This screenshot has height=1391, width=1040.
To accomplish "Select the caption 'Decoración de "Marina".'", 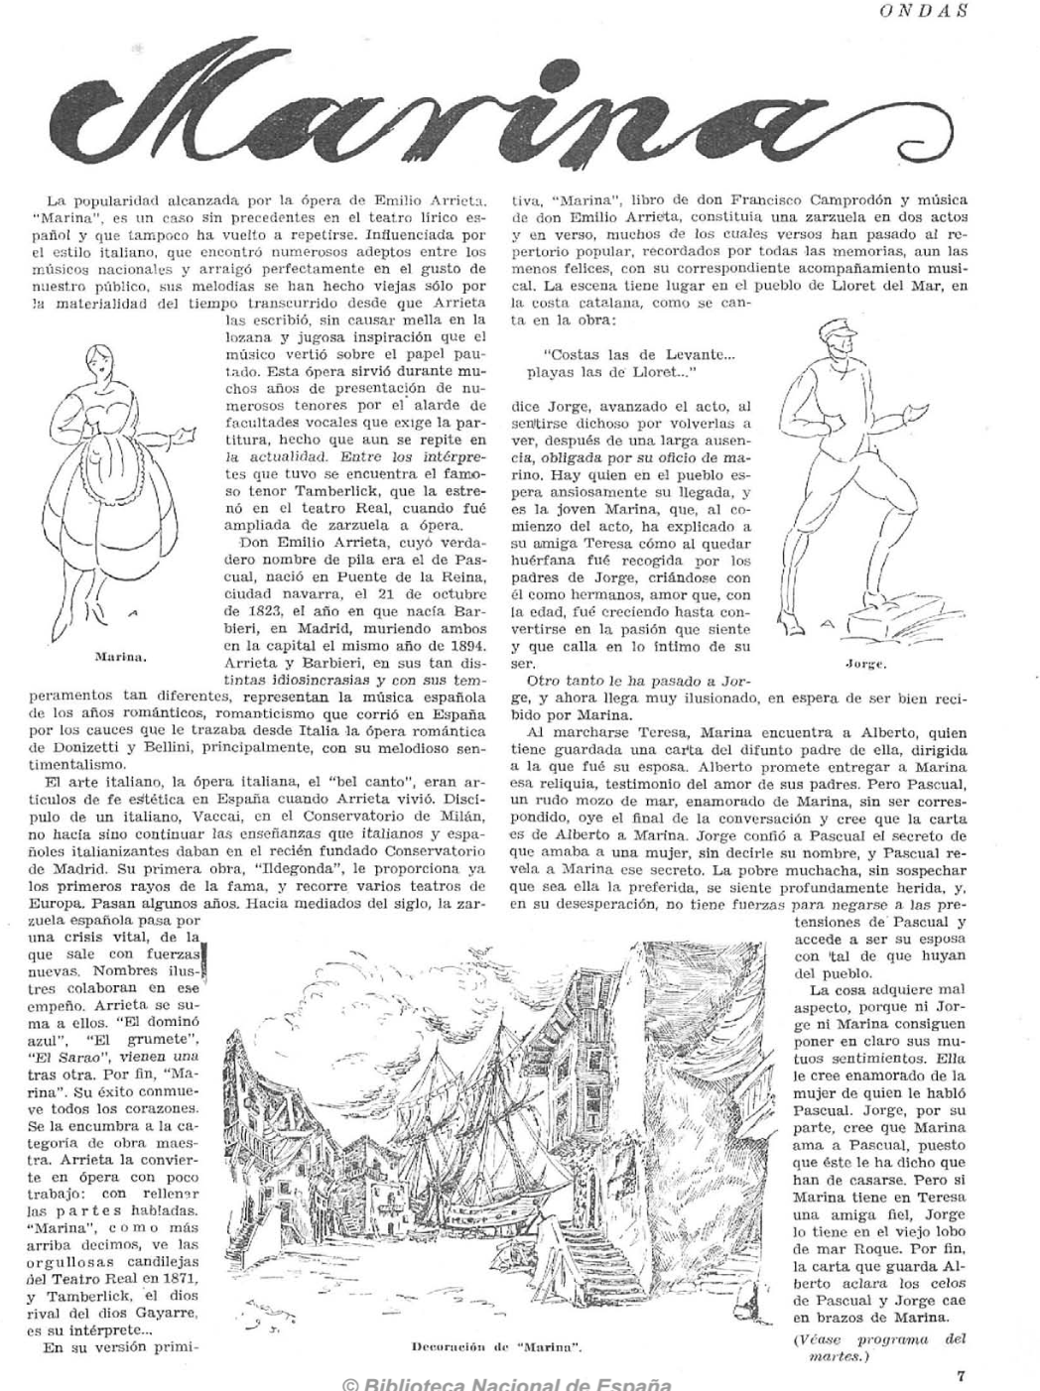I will pos(496,1347).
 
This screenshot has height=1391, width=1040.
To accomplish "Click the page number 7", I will pos(961,1375).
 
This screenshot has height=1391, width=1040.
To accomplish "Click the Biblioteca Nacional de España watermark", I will pos(506,1384).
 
